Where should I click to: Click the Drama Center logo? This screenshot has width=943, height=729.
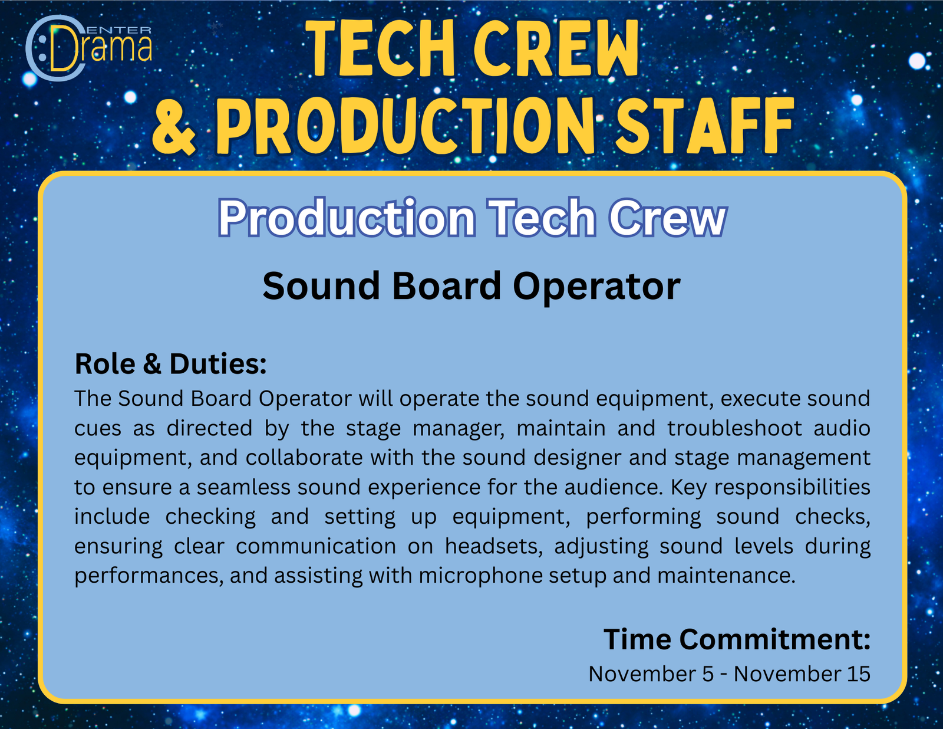coord(89,48)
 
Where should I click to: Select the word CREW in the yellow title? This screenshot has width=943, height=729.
coord(556,48)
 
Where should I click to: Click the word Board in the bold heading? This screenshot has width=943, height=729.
coord(447,286)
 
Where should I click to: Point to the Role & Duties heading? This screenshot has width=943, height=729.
coord(170,364)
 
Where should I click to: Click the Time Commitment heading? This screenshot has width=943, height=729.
coord(737,639)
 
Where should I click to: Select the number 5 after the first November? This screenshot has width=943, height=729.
coord(708,674)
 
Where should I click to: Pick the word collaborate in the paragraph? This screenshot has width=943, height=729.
coord(304,458)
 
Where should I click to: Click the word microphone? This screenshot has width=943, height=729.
coord(481,576)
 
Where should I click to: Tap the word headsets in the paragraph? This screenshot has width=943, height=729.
coord(494,546)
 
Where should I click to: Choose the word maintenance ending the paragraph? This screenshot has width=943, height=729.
coord(726,576)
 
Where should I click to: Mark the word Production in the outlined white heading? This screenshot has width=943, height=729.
coord(347,218)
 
